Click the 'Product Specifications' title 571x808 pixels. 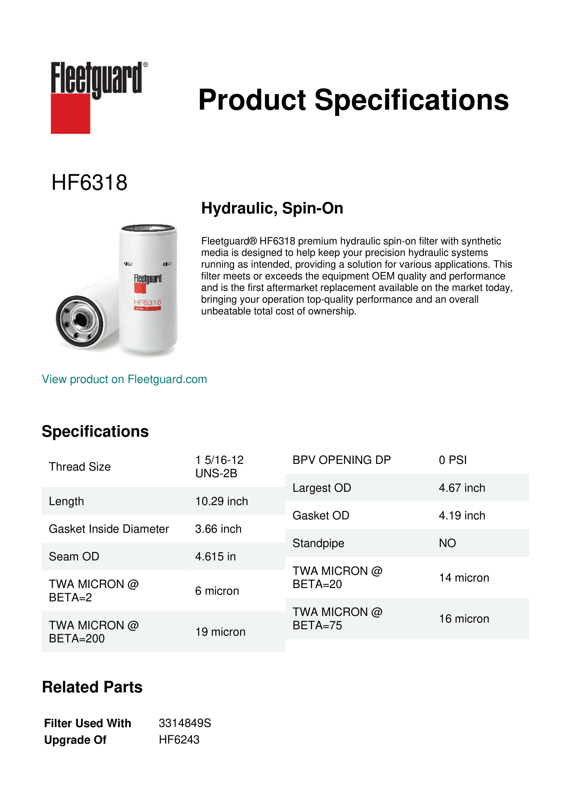(353, 100)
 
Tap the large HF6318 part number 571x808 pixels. (89, 183)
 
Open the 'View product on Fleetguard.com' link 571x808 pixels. (124, 379)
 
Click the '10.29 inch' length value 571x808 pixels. (221, 501)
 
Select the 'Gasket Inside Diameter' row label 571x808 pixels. (109, 529)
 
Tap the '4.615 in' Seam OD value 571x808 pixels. (215, 556)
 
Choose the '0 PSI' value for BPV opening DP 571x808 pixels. (452, 460)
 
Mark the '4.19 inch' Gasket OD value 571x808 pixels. (462, 515)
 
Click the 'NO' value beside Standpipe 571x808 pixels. (447, 543)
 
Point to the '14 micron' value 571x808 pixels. (464, 577)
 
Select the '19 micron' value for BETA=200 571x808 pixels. (220, 632)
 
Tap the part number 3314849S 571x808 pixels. (185, 723)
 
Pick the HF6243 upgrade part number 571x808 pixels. (179, 740)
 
